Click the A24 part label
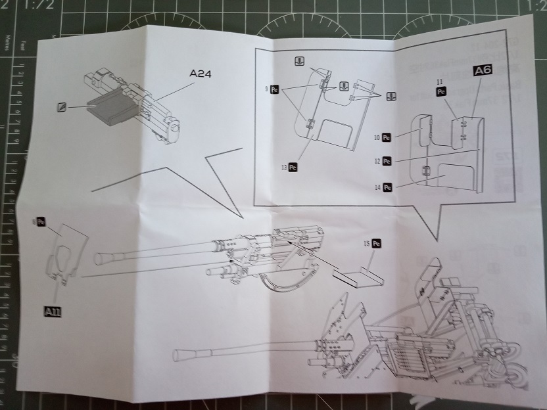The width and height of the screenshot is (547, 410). (x=200, y=74)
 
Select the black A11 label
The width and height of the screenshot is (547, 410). (x=53, y=311)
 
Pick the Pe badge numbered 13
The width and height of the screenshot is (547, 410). (x=293, y=168)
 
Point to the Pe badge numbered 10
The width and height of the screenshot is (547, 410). (x=387, y=138)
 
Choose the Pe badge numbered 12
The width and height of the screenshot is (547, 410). (x=387, y=160)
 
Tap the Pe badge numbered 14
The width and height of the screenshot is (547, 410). (x=387, y=187)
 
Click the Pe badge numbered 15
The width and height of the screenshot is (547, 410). (x=377, y=244)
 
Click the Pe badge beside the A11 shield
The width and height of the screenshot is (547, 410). (x=41, y=223)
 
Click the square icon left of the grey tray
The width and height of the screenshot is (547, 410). (x=62, y=106)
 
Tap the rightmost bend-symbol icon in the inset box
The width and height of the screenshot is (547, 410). (x=391, y=96)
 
